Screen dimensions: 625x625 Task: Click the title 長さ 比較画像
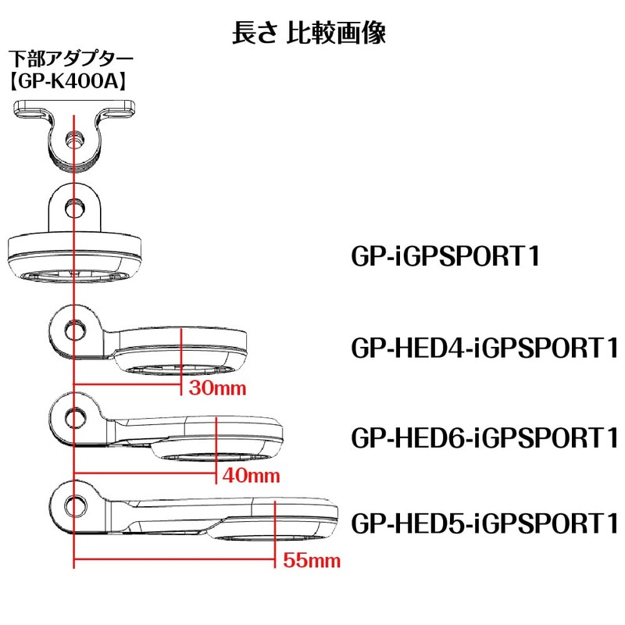tap(309, 32)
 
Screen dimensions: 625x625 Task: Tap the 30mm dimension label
tap(217, 388)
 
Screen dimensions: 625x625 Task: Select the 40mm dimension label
tap(251, 476)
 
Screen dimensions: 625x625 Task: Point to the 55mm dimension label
tap(312, 560)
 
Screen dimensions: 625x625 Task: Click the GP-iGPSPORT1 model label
tap(445, 256)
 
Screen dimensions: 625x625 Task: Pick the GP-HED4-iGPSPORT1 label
tap(484, 348)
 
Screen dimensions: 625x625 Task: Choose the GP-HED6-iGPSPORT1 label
tap(484, 437)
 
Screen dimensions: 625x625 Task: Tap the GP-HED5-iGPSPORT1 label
tap(484, 523)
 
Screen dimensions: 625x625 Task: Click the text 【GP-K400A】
tap(68, 81)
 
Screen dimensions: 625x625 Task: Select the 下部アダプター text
tap(71, 59)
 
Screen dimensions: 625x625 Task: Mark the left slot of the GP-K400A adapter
tap(31, 112)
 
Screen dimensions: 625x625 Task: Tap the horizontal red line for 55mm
tap(174, 559)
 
